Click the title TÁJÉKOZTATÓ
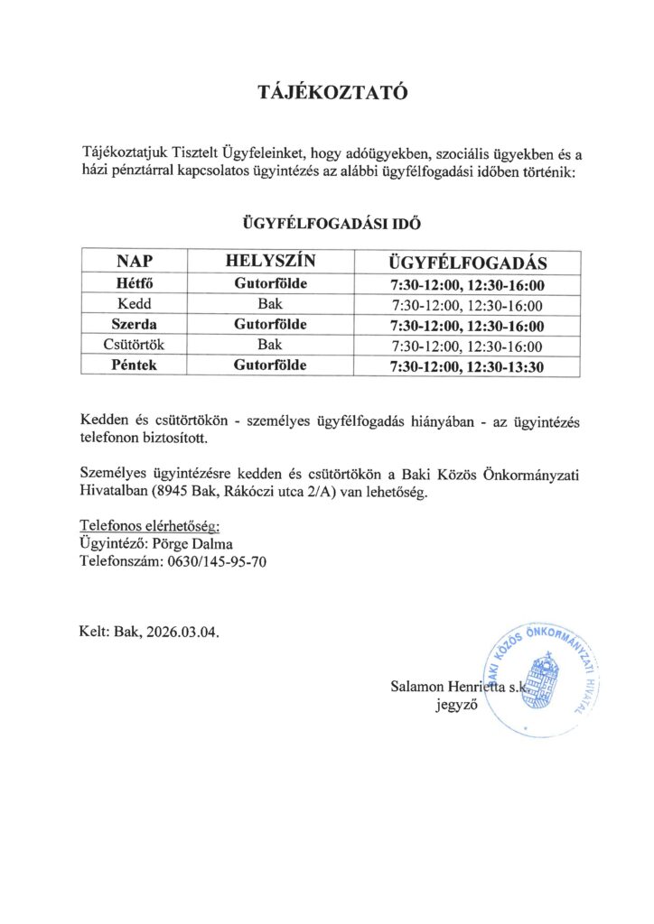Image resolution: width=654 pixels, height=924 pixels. click(327, 93)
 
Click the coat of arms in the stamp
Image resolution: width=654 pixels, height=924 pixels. click(544, 678)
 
